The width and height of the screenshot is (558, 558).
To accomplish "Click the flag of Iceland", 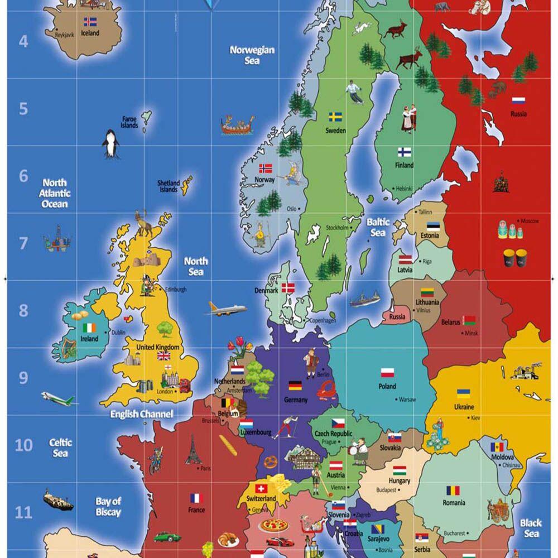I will click(x=90, y=22).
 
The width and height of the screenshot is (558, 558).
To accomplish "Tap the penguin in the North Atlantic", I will click(x=110, y=144).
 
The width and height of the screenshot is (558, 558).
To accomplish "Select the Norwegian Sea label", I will click(x=252, y=55).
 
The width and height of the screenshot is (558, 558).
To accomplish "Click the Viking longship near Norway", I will click(x=237, y=125).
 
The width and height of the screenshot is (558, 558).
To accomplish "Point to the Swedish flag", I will click(x=335, y=117).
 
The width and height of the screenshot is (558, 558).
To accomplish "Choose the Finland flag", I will click(x=405, y=152).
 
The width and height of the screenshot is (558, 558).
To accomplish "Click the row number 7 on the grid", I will click(x=23, y=243).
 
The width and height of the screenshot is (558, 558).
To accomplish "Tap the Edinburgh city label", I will click(x=175, y=290).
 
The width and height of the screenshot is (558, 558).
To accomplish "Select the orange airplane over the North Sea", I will click(x=227, y=309).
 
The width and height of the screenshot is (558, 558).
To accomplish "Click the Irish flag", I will click(x=89, y=328).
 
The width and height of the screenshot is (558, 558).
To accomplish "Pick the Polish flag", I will click(x=387, y=372).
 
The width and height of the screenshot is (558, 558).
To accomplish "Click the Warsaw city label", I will click(x=407, y=400).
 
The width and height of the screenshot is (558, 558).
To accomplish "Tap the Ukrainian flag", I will click(x=463, y=393).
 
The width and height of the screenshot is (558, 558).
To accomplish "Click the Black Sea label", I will click(x=531, y=528).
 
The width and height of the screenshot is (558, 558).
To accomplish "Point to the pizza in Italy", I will click(x=274, y=526).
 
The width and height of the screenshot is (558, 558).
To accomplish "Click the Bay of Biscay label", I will click(x=108, y=507).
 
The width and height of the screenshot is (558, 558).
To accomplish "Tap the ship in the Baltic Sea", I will click(x=365, y=299).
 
